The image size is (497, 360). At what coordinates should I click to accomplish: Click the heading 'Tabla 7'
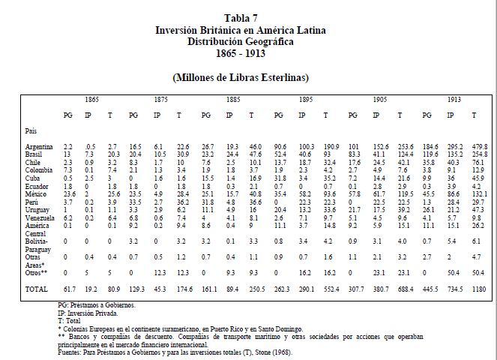(x=247, y=17)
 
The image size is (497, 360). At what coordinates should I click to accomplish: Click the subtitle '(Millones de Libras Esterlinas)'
(x=247, y=77)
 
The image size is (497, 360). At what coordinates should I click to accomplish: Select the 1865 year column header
(x=92, y=98)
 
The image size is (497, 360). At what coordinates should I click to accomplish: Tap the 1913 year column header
(x=455, y=98)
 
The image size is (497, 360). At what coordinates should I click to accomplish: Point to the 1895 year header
(x=307, y=98)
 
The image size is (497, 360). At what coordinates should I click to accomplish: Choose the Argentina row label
(x=38, y=145)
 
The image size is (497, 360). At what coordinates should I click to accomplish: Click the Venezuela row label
(x=39, y=217)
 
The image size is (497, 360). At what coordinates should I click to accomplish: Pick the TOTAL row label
(x=36, y=288)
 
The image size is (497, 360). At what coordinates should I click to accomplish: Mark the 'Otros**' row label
(x=35, y=272)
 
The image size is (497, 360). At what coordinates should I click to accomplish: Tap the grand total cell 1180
(x=477, y=288)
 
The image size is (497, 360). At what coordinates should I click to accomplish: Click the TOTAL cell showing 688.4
(x=406, y=288)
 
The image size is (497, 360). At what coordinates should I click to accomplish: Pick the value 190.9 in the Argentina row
(x=330, y=145)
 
